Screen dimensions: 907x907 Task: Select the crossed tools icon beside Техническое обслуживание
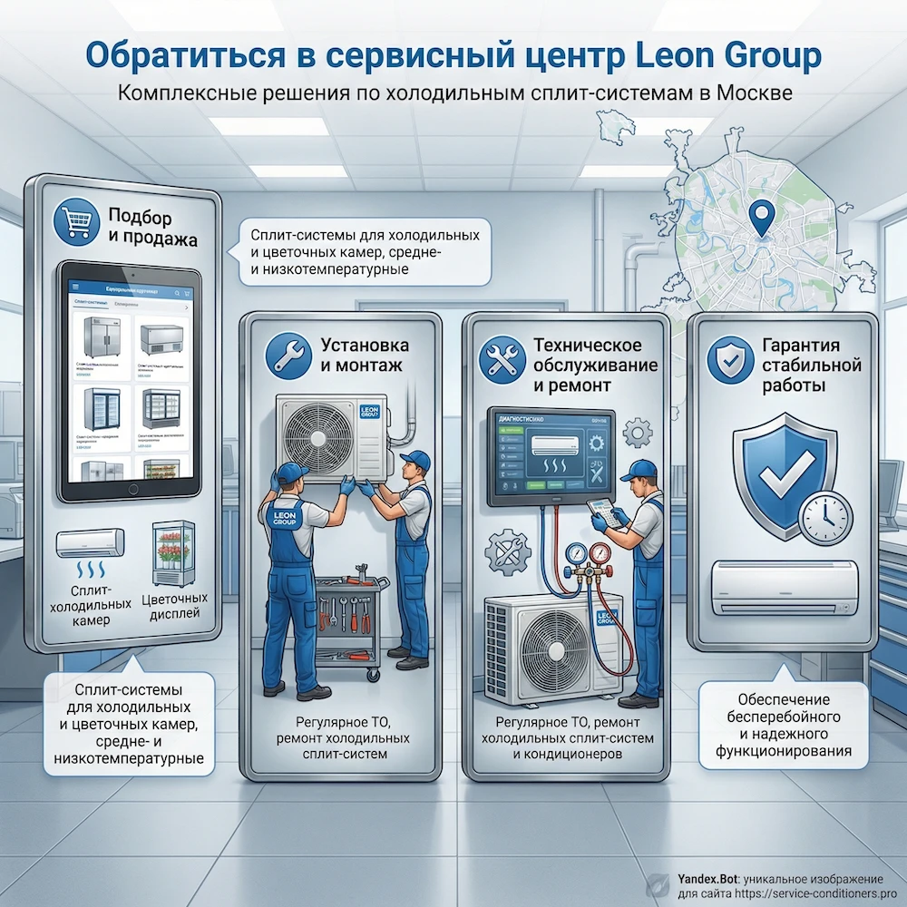point(501,356)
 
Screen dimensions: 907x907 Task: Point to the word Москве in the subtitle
point(754,93)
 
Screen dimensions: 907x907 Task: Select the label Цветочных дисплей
point(175,607)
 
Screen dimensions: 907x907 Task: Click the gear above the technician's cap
point(638,431)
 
